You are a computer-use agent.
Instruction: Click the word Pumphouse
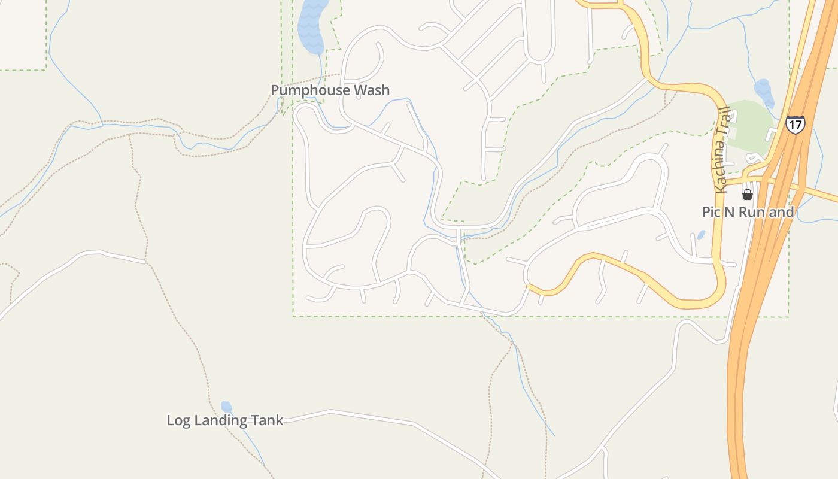[310, 90]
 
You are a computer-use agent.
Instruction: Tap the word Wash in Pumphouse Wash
[371, 90]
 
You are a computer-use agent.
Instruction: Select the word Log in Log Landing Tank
[178, 420]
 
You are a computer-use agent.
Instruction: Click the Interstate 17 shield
[796, 125]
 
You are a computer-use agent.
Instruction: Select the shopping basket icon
[747, 194]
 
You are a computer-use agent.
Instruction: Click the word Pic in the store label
[712, 212]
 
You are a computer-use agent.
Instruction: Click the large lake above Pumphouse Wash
[311, 27]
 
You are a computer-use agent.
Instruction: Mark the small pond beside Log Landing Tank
[226, 407]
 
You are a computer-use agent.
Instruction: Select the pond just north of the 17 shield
[763, 90]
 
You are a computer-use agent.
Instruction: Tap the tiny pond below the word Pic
[701, 235]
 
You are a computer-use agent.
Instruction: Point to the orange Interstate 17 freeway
[742, 359]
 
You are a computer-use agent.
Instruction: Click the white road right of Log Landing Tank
[371, 417]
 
